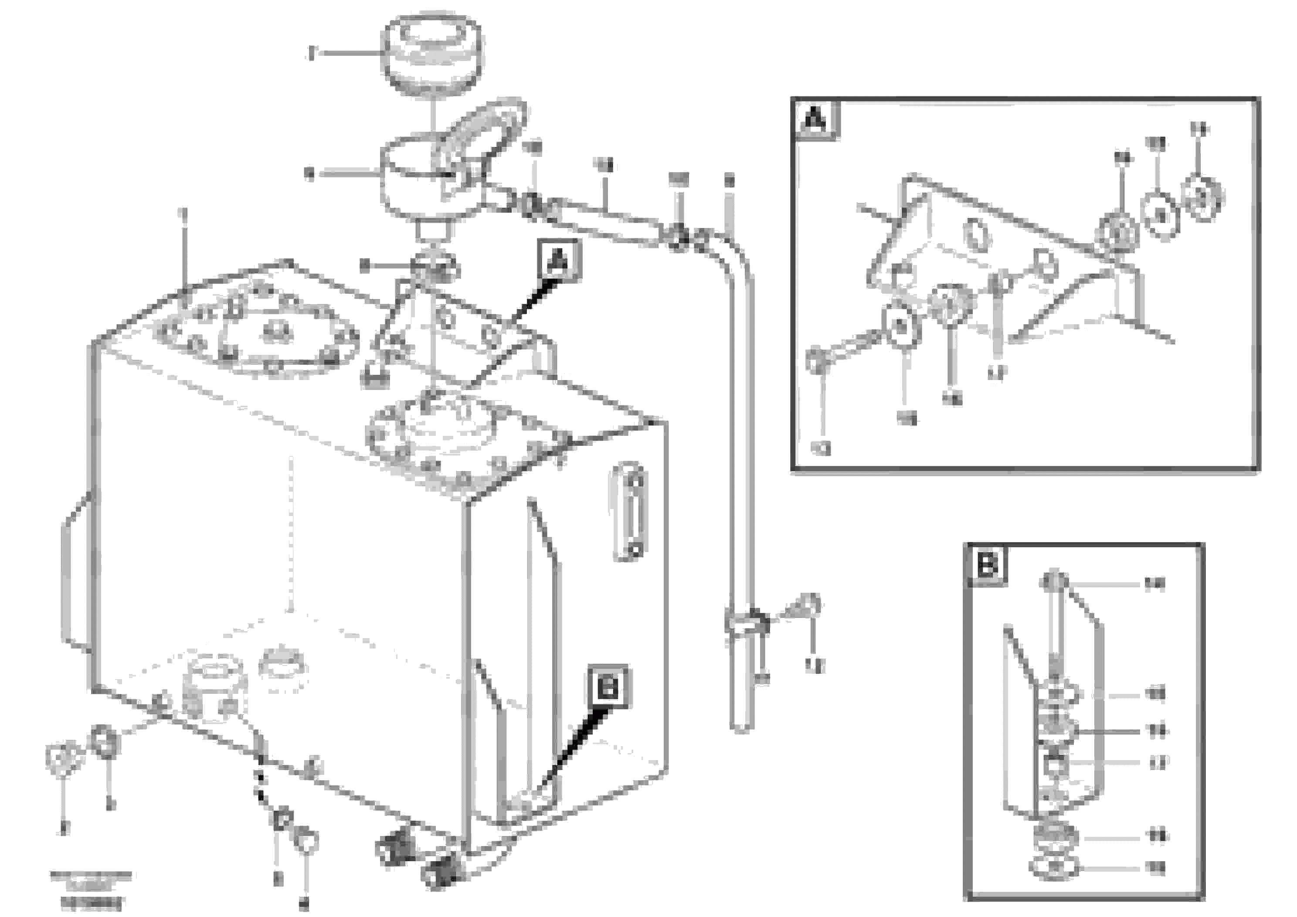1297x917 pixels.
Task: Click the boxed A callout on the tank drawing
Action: [x=558, y=260]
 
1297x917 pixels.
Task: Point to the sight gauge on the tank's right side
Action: [x=629, y=511]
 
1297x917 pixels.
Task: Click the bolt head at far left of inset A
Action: [x=815, y=362]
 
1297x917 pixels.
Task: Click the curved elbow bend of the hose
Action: [x=734, y=254]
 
